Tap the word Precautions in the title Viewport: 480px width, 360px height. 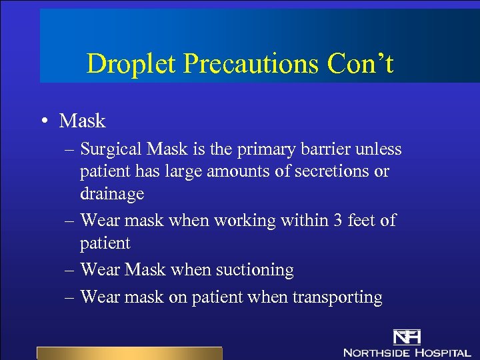coord(251,64)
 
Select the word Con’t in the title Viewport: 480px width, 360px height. coord(360,64)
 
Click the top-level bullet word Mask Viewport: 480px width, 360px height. coord(82,121)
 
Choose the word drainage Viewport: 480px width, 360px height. coord(112,194)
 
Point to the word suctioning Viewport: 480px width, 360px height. coord(253,270)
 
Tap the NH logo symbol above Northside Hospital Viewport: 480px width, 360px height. coord(406,338)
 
